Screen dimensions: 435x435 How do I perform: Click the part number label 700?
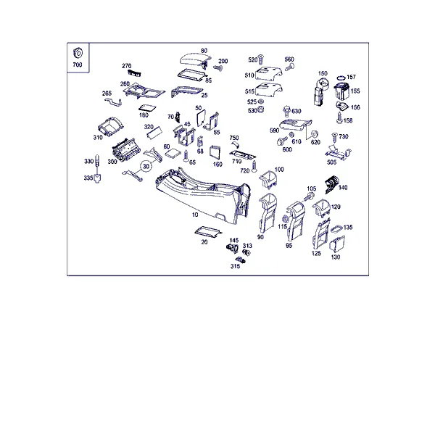pos(78,65)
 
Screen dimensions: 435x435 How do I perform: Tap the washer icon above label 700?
pos(78,53)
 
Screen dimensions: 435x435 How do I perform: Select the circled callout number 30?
pos(146,166)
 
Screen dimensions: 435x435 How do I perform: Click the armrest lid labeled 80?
pos(195,60)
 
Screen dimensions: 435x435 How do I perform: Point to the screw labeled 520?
pos(260,59)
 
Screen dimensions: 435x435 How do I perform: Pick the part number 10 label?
pos(195,215)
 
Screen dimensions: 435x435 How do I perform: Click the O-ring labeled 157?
pos(341,78)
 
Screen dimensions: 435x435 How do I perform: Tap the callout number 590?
pos(274,130)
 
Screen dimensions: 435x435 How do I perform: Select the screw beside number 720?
pos(254,167)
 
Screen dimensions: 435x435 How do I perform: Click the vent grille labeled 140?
pos(331,184)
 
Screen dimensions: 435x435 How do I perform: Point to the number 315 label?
pos(235,266)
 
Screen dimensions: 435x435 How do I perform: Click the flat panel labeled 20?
pos(208,232)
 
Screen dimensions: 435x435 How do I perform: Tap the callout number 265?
pos(107,94)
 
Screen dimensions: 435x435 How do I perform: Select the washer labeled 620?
pos(315,134)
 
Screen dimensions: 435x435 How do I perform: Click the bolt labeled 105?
pos(309,197)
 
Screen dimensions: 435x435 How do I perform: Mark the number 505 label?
pos(331,162)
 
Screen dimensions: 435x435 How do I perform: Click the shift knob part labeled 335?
pos(97,178)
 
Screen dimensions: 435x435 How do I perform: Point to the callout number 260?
pos(125,84)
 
